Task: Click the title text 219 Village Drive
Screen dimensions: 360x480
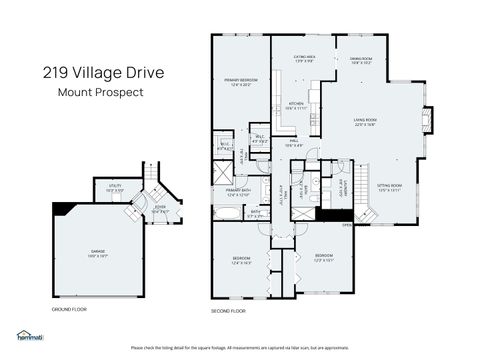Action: [101, 72]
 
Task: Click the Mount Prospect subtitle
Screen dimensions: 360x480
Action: [100, 92]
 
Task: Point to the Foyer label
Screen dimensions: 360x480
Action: [159, 210]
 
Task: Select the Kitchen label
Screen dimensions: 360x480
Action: [296, 106]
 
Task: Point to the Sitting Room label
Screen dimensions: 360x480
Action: [389, 187]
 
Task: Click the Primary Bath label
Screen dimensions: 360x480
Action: [238, 192]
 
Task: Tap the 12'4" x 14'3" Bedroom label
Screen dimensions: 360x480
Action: [241, 261]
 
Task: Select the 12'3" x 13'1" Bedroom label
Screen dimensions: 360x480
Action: [324, 257]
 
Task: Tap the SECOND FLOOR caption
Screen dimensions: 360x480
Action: [228, 310]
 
